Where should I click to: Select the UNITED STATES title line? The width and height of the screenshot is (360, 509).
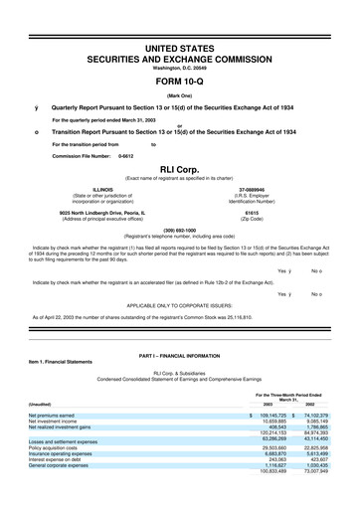pyautogui.click(x=180, y=47)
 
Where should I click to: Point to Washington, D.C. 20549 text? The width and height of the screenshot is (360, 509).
pyautogui.click(x=180, y=67)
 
